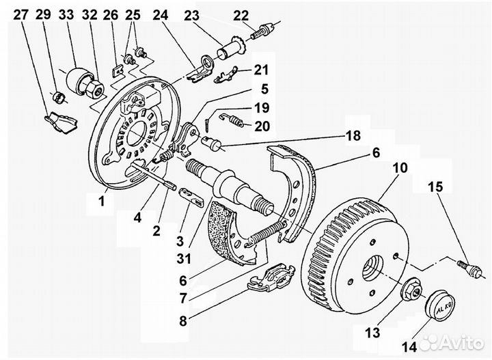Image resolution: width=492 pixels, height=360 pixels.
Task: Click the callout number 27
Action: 21,15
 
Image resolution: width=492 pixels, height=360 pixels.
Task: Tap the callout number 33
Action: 66,15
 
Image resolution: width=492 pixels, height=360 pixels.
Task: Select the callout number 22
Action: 241,16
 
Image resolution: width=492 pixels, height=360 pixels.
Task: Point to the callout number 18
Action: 353,135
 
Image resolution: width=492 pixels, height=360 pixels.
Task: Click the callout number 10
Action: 400,168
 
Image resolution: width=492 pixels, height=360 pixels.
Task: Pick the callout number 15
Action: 435,187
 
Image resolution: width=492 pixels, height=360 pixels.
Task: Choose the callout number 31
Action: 184,259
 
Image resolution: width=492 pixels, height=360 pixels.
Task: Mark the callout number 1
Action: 102,201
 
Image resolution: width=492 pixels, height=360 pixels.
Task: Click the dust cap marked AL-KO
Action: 440,304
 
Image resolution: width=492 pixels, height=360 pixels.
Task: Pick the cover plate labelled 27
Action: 61,122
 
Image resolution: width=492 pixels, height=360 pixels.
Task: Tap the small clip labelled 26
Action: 117,70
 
